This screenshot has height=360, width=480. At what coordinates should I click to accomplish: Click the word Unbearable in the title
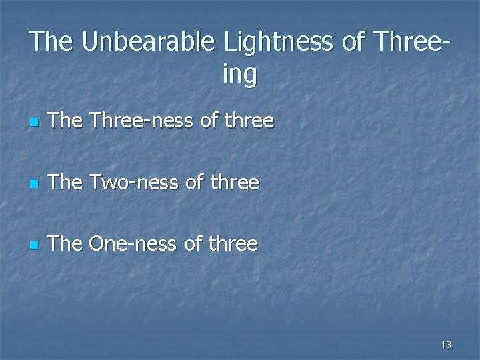(149, 41)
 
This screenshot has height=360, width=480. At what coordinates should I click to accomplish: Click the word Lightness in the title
(279, 41)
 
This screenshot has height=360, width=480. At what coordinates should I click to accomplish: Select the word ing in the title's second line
(239, 75)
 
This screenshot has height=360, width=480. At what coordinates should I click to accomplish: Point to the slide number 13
(446, 345)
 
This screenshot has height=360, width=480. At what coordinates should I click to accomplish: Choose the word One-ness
(133, 243)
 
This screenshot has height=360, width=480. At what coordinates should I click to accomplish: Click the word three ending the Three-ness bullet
(249, 121)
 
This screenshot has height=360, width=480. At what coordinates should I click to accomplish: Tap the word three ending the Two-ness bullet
(234, 182)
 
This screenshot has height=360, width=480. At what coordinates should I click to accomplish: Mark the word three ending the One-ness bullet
(233, 243)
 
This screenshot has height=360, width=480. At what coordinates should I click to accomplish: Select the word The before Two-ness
(65, 182)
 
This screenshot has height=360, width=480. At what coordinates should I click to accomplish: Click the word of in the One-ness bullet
(193, 243)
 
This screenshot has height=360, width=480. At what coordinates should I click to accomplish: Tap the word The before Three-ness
(65, 121)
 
